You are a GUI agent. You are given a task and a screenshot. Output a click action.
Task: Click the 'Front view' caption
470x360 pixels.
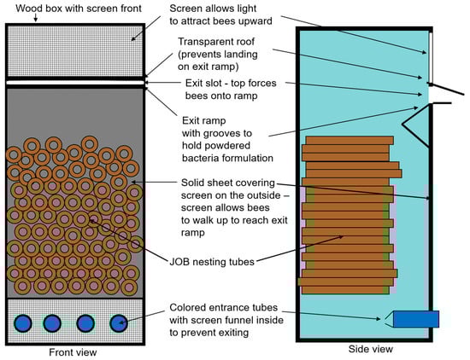click(x=73, y=352)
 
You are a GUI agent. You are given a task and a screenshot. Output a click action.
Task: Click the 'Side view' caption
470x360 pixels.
click(x=371, y=349)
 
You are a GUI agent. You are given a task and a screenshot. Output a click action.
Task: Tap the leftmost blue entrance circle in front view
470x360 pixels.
click(x=23, y=323)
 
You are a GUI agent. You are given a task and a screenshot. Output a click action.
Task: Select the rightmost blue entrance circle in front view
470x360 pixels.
click(x=119, y=323)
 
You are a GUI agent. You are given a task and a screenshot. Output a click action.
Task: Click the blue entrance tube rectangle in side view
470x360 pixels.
click(x=416, y=319)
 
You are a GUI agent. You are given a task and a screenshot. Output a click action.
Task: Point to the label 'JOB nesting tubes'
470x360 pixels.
click(x=212, y=262)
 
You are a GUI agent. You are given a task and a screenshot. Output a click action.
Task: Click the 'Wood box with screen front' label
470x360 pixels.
click(x=79, y=9)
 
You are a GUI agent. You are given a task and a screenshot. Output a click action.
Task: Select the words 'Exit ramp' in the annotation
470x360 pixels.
click(x=204, y=120)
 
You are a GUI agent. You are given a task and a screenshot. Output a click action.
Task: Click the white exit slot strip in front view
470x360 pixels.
click(x=75, y=83)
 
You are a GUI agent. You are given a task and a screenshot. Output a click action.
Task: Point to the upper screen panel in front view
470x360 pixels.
click(x=75, y=51)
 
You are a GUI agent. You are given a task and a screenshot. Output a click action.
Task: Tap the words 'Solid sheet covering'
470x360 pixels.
click(x=228, y=183)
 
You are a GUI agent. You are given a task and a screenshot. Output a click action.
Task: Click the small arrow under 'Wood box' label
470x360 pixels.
click(x=35, y=18)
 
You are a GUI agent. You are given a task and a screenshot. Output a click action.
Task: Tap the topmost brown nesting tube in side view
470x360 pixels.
click(x=350, y=141)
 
